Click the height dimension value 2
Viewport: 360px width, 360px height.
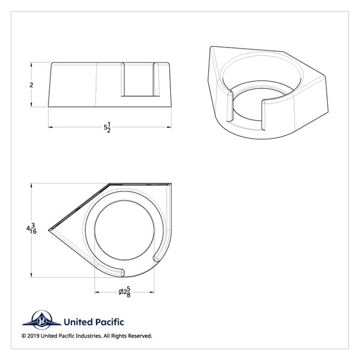click(x=31, y=85)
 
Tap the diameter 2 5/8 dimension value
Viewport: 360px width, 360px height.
click(x=125, y=292)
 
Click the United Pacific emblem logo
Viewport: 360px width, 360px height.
click(x=43, y=322)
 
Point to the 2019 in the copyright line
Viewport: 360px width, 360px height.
click(x=35, y=336)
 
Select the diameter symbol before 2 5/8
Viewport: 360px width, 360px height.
click(x=120, y=292)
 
